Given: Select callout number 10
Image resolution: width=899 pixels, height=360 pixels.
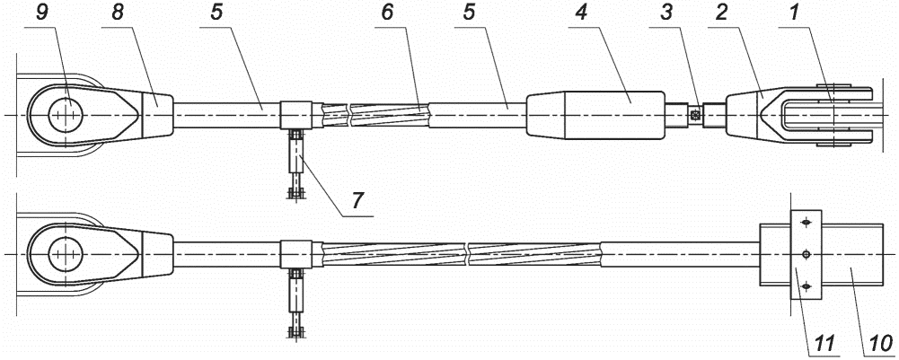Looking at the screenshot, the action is tap(882, 342).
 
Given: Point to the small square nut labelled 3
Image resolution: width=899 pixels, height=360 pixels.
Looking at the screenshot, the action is tap(695, 115).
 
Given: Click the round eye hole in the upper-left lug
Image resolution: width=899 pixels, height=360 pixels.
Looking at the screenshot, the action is tap(66, 115).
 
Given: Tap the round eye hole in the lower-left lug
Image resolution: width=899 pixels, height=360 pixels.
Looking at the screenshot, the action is tap(66, 254).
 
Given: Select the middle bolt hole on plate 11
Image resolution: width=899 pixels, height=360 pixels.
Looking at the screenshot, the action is tap(806, 254).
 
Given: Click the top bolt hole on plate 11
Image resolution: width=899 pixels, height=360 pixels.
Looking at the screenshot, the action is tap(806, 222).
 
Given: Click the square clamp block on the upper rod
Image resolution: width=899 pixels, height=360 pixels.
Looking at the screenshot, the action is tap(295, 115).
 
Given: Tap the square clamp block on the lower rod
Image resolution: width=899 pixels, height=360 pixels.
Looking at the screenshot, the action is tap(295, 254).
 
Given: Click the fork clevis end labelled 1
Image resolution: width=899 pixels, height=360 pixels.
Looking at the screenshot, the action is tap(817, 116).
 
